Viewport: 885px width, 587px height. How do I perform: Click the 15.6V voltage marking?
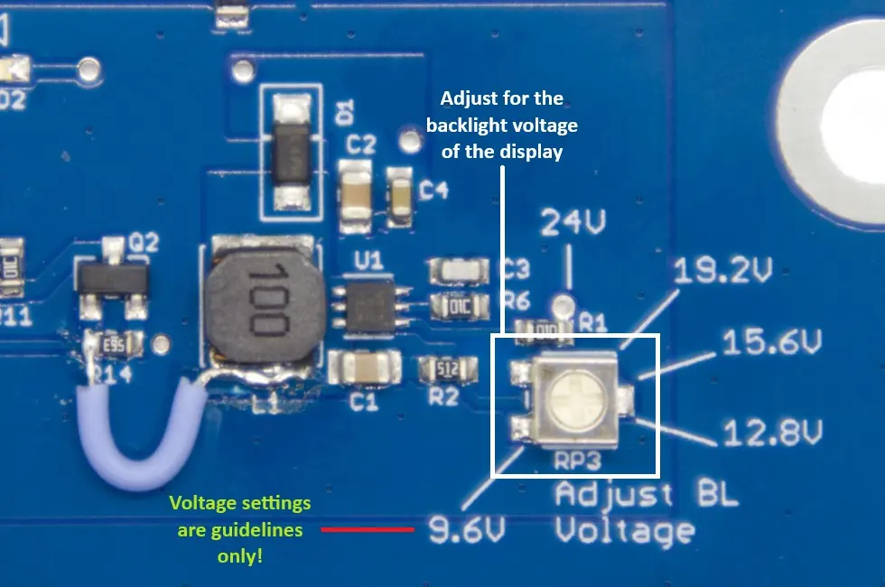coord(772,343)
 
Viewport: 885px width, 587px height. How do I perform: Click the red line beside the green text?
coord(368,529)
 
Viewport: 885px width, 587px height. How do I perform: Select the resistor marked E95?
coord(114,343)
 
